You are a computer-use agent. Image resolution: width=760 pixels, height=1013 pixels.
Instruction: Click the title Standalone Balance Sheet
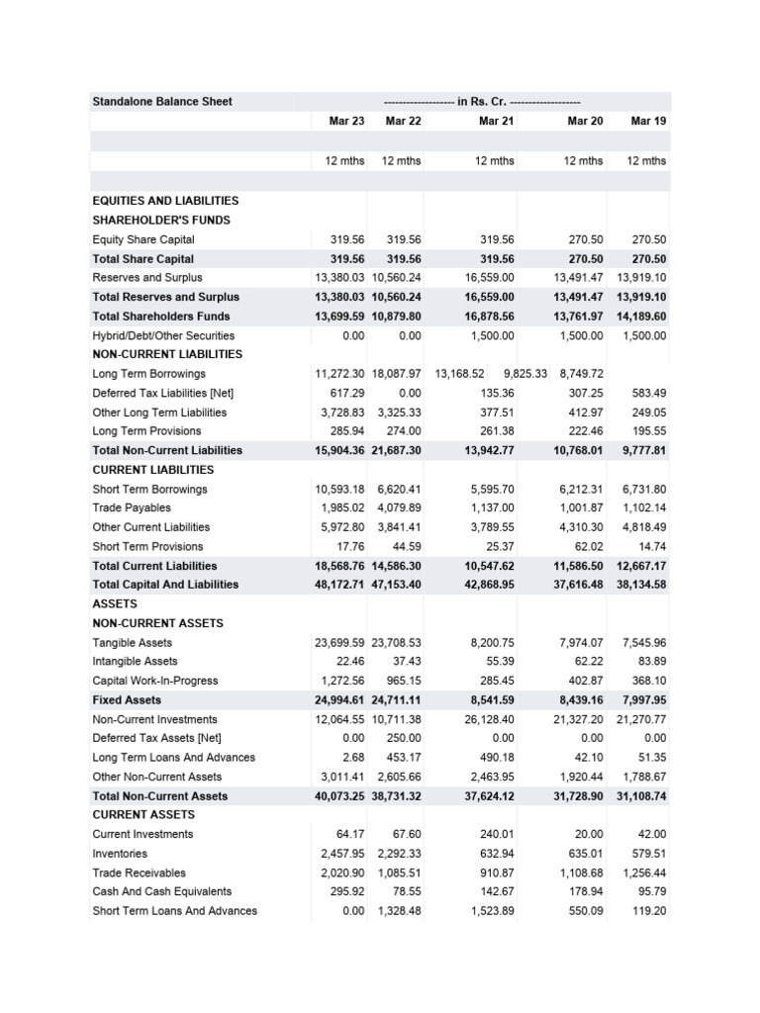tap(162, 102)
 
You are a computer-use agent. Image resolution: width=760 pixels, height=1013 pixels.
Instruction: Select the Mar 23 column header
tap(346, 121)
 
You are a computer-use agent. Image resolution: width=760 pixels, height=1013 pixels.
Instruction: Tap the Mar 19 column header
tap(648, 121)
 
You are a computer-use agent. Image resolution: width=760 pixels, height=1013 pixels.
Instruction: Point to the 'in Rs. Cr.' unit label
tap(481, 102)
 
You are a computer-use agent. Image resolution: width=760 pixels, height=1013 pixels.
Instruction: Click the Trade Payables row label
tap(132, 508)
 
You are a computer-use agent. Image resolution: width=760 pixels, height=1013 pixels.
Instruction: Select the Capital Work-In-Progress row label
tap(155, 681)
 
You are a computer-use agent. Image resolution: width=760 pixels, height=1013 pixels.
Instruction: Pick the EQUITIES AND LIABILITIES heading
tap(165, 201)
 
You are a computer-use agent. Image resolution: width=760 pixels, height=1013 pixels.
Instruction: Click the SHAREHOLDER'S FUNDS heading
tap(161, 220)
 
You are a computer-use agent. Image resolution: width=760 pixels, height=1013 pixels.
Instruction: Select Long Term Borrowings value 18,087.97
tap(397, 374)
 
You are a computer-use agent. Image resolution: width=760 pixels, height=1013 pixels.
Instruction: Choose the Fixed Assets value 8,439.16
tap(579, 700)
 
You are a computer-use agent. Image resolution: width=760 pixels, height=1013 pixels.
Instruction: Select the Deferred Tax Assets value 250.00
tap(403, 738)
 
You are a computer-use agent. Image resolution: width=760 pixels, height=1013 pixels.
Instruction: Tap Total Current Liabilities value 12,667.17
tap(641, 566)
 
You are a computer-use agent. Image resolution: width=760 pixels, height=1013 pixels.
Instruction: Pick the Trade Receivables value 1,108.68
tap(579, 873)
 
